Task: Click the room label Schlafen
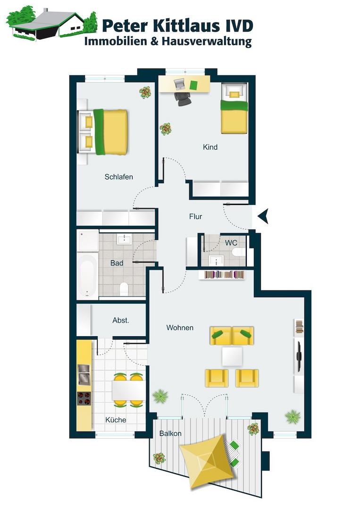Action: [x=118, y=177]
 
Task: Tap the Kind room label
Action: [x=210, y=147]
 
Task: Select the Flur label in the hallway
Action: [x=196, y=216]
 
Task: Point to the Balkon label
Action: [x=170, y=433]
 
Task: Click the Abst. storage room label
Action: [x=121, y=320]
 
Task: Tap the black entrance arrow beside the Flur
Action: [x=263, y=216]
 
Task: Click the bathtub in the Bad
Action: [x=88, y=275]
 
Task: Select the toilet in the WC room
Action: [x=239, y=252]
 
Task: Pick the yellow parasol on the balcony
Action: [x=207, y=461]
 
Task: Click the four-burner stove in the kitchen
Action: [x=84, y=399]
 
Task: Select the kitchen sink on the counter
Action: [x=84, y=374]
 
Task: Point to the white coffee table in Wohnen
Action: [x=232, y=356]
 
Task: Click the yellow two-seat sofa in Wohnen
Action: [x=232, y=335]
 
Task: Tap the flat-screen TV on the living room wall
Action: [x=299, y=356]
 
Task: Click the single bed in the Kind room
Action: [x=234, y=108]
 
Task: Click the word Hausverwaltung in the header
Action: [x=207, y=42]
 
